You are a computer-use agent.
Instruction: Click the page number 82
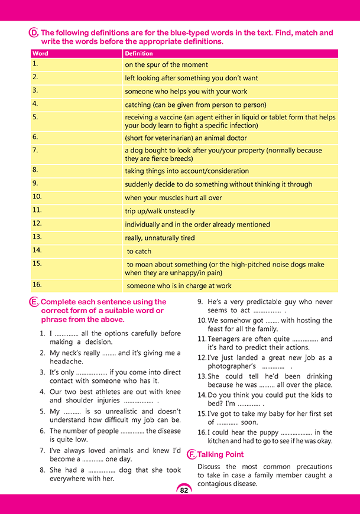(184, 490)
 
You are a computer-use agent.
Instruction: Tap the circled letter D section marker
(34, 33)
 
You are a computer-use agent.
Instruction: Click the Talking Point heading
(220, 454)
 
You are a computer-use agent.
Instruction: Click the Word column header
(40, 54)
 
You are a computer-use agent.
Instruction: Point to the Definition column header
(139, 54)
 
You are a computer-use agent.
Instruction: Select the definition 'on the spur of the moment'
(166, 65)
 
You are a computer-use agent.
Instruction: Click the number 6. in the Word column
(35, 136)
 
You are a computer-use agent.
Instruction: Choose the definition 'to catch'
(139, 251)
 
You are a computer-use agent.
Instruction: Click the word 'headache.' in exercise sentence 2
(66, 361)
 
